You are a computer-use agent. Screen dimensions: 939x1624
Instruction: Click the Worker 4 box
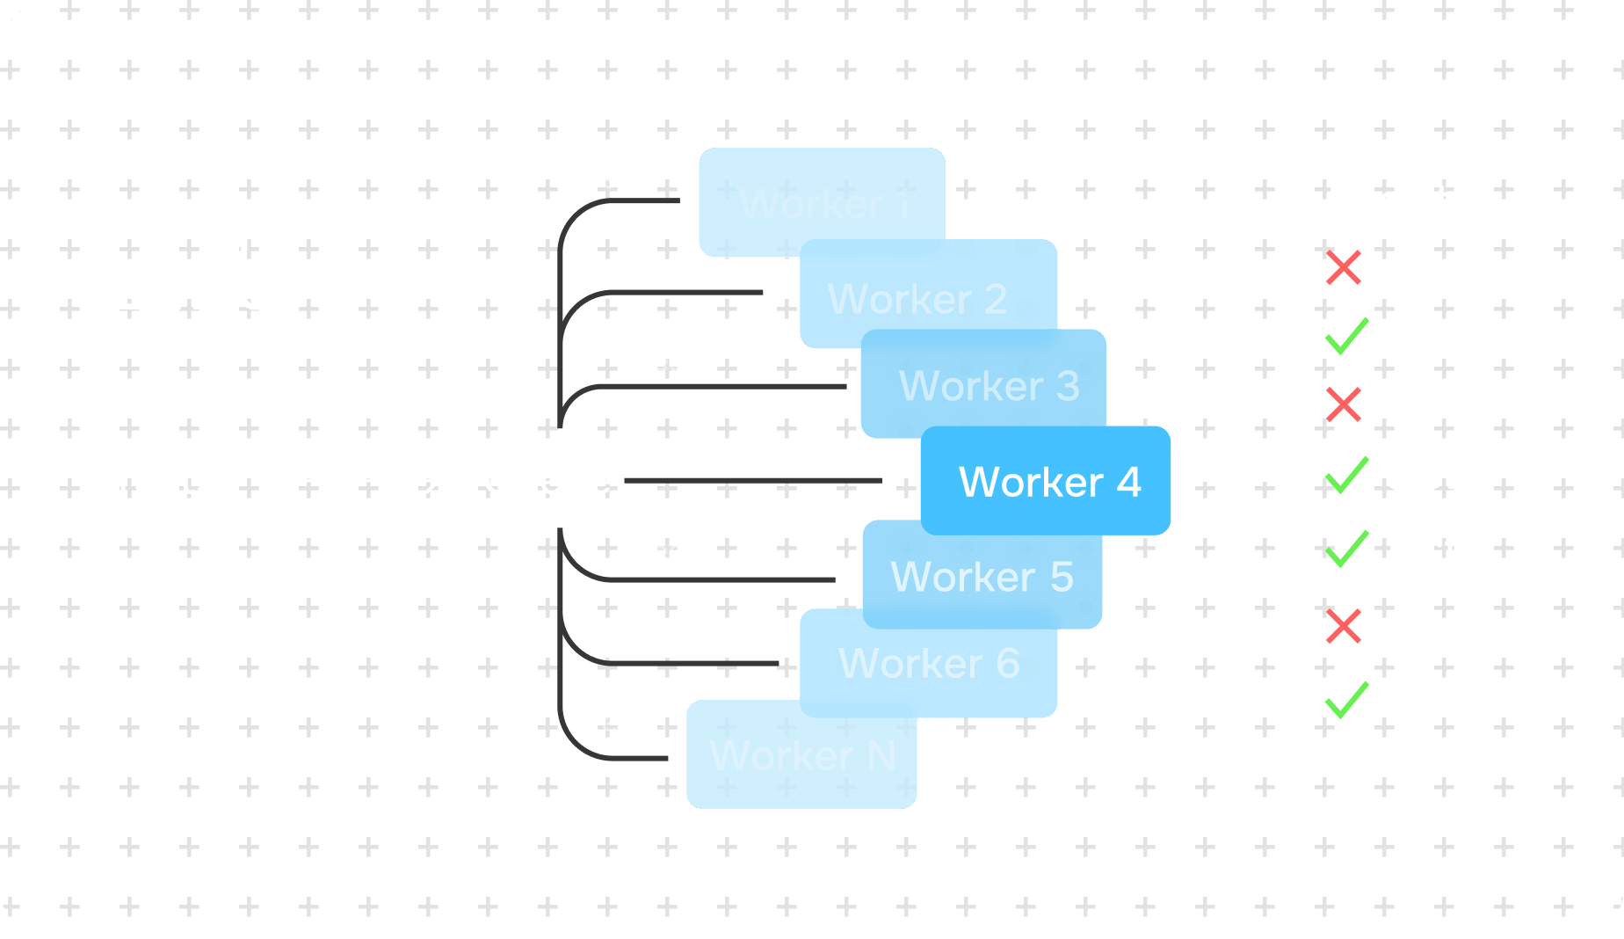coord(1046,481)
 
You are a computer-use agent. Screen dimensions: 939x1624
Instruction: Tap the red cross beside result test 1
coord(1344,268)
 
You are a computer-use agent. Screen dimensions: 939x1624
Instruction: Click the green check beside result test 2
coord(1346,336)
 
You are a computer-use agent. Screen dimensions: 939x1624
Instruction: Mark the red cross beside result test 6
coord(1344,626)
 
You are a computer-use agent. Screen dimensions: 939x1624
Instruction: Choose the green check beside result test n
coord(1346,701)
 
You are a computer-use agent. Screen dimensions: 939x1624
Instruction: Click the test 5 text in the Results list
coord(1439,550)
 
